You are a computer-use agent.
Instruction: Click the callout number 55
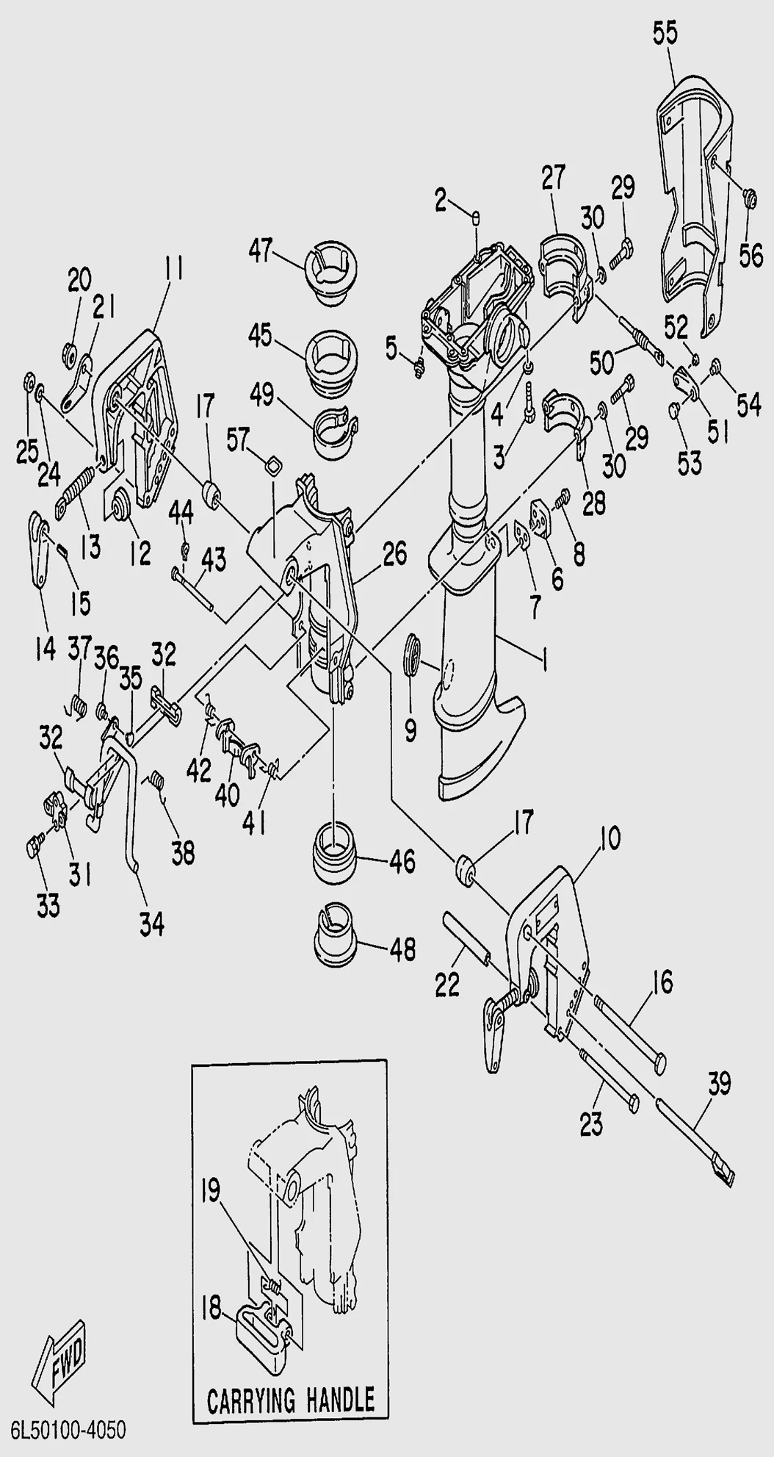coord(665,35)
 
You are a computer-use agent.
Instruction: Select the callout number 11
coord(173,270)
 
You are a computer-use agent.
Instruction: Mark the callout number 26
coord(394,555)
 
